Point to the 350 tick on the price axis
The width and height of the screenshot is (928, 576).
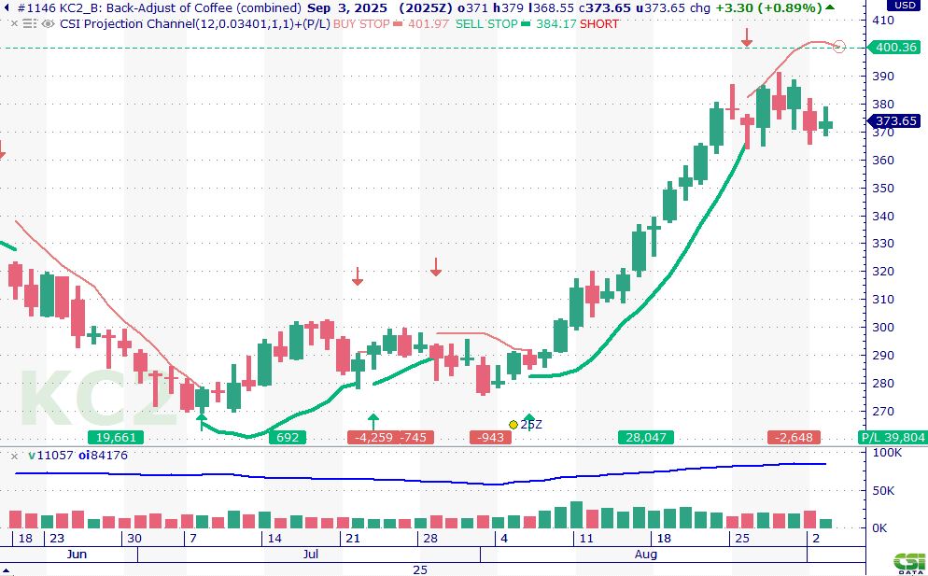click(x=883, y=188)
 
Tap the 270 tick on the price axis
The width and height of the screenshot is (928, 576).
click(x=883, y=411)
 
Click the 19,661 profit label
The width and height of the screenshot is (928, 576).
click(x=117, y=438)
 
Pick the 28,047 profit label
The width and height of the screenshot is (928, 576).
click(x=645, y=438)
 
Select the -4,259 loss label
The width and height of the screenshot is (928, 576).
click(x=372, y=438)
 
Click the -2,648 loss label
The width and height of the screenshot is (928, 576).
click(x=794, y=438)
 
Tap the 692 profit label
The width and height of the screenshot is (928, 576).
click(x=288, y=438)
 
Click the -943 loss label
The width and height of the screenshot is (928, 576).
click(x=490, y=438)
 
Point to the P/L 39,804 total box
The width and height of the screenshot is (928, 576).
click(x=893, y=438)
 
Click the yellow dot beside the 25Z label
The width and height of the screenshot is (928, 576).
click(x=513, y=425)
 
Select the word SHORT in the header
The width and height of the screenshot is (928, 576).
click(x=599, y=23)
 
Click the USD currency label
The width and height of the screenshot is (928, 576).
click(x=903, y=6)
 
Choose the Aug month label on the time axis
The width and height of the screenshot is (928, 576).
click(x=646, y=555)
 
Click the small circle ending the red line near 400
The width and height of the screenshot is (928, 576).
click(x=838, y=47)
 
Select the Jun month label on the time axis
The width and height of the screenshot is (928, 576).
click(x=77, y=555)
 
